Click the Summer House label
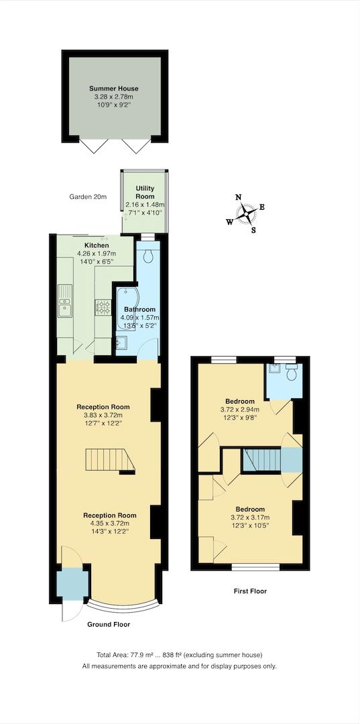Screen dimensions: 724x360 pyautogui.click(x=114, y=88)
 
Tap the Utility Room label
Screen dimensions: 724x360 pyautogui.click(x=145, y=192)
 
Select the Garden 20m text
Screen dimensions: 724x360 pyautogui.click(x=87, y=197)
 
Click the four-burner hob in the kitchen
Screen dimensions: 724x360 pyautogui.click(x=105, y=308)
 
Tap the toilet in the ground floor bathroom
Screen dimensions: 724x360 pyautogui.click(x=147, y=255)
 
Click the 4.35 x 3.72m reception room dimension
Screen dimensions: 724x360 pyautogui.click(x=110, y=523)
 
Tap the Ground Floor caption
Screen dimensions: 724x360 pyautogui.click(x=109, y=624)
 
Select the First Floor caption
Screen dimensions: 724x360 pyautogui.click(x=250, y=591)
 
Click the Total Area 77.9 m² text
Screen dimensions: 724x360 pyautogui.click(x=180, y=654)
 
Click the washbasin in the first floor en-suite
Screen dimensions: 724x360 pyautogui.click(x=274, y=368)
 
